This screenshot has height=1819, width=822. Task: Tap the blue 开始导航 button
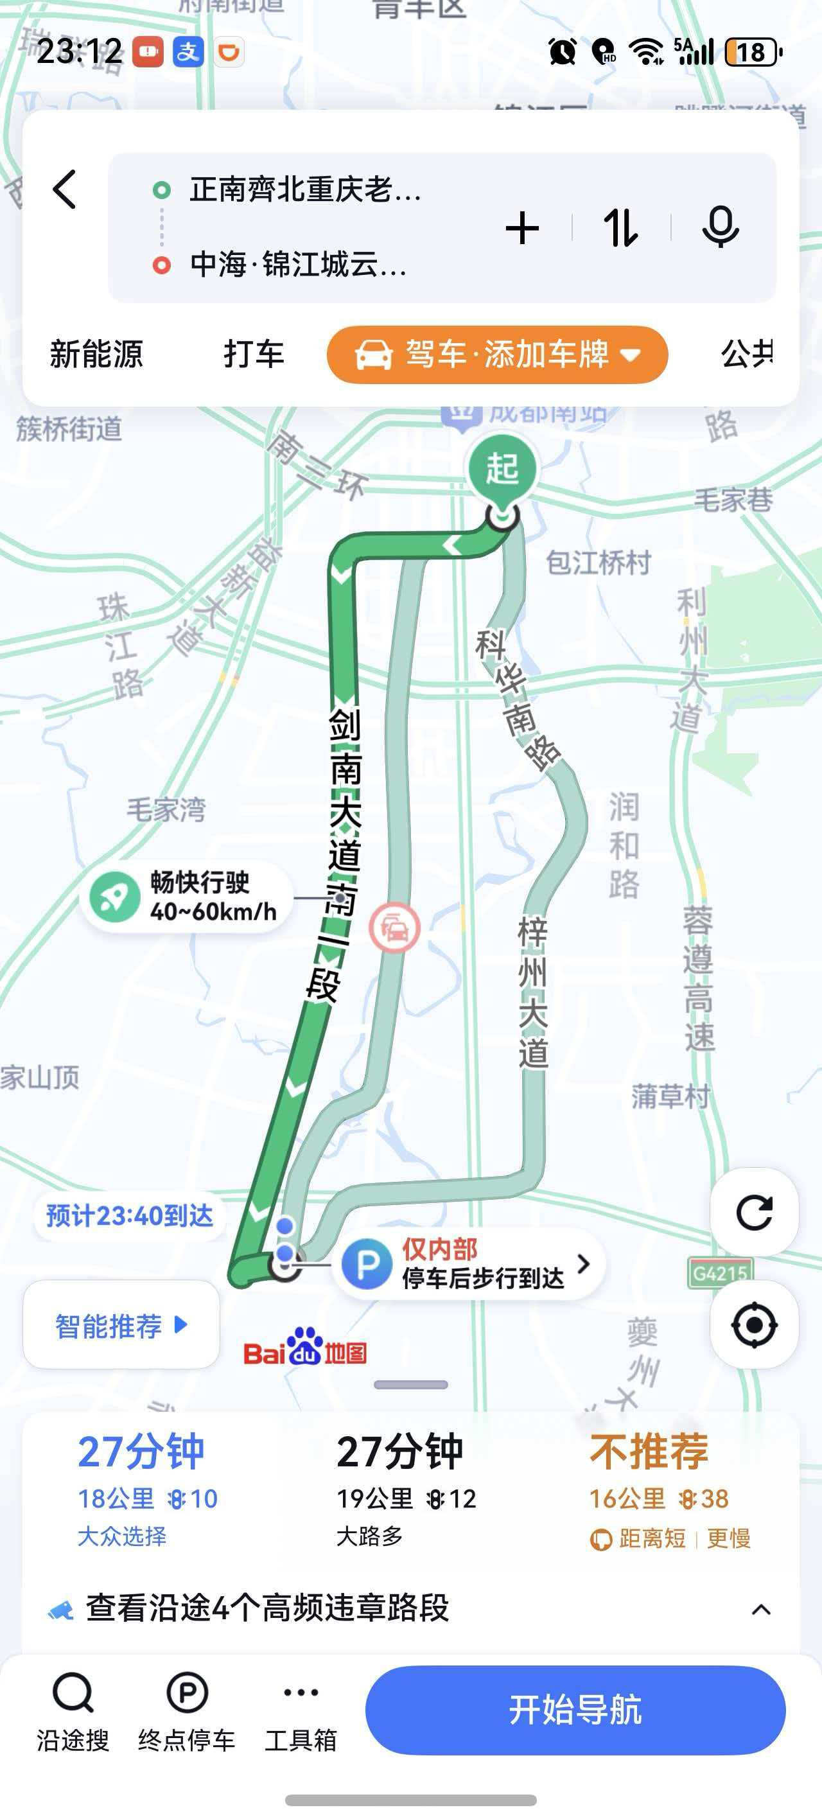click(575, 1710)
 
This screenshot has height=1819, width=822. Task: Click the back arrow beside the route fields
click(65, 189)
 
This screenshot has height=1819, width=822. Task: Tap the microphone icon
click(721, 227)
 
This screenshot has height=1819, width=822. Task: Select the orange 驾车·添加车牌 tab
click(497, 355)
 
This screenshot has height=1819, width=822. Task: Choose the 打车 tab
click(254, 354)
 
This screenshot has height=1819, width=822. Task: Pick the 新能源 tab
click(96, 354)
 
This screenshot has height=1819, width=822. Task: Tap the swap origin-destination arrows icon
click(621, 228)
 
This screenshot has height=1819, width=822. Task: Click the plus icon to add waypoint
click(523, 228)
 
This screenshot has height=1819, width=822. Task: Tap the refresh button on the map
click(753, 1213)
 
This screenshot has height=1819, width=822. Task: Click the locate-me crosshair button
click(753, 1324)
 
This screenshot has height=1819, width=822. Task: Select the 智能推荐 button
click(121, 1326)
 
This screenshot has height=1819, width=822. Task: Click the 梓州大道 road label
click(532, 992)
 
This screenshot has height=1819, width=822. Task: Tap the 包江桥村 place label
click(598, 563)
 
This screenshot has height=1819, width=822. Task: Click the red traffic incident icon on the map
click(395, 927)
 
